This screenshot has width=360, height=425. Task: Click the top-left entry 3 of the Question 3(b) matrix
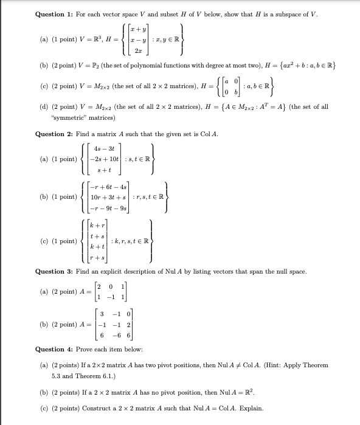(x=103, y=314)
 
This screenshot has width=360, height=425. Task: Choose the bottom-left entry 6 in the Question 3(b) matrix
(x=103, y=335)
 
